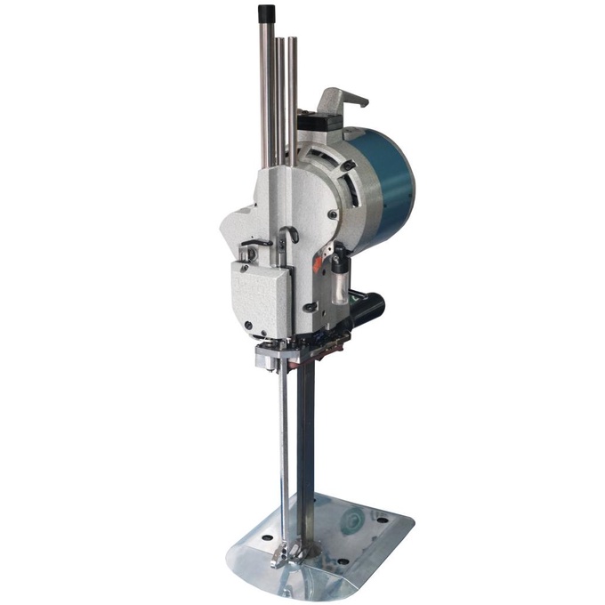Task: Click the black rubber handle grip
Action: (x=367, y=308)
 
